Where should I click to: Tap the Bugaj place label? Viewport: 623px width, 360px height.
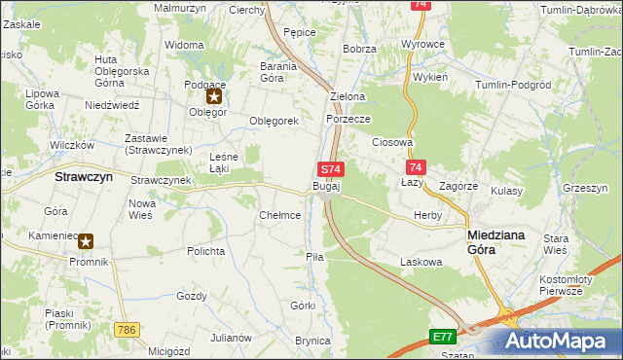coord(325,186)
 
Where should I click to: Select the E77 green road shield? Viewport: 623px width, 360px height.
coord(443,337)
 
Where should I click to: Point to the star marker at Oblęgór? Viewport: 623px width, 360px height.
coord(214,96)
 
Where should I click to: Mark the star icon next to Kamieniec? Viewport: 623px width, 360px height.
coord(87,241)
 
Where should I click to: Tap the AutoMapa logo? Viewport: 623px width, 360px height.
coord(559,341)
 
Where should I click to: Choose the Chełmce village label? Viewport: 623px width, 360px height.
coord(279,215)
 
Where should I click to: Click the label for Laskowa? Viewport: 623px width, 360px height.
coord(421,262)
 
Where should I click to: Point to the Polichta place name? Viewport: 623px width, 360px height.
coord(206,251)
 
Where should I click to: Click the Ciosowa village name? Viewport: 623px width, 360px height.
coord(392,141)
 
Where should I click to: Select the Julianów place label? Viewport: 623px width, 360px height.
coord(231,338)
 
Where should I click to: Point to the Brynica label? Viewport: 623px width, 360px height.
coord(314,341)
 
